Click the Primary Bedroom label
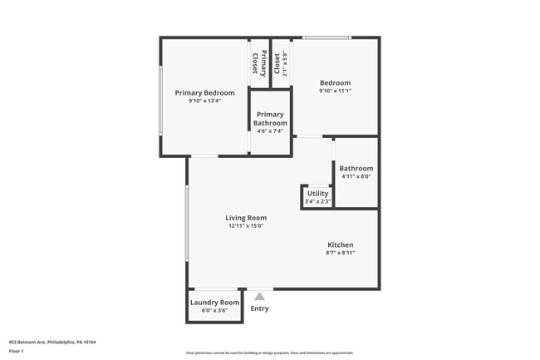(x=204, y=92)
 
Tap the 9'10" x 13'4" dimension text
(x=204, y=101)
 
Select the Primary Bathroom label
(x=270, y=119)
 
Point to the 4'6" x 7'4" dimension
(x=270, y=131)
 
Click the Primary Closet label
(x=260, y=63)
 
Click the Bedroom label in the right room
(x=336, y=83)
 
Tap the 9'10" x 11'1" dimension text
(x=336, y=92)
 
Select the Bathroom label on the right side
(x=356, y=168)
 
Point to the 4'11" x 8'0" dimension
(x=356, y=176)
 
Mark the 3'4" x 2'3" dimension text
(x=317, y=200)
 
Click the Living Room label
(x=246, y=218)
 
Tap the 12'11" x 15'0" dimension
(x=246, y=226)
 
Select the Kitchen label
(x=340, y=244)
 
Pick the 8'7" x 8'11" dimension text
(x=340, y=253)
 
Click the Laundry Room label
(x=215, y=302)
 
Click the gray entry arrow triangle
(x=260, y=295)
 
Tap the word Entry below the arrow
(x=260, y=308)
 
